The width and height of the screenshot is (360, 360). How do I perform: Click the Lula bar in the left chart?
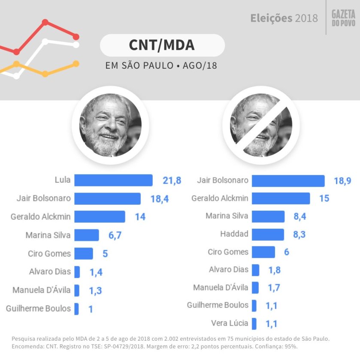tap(113, 180)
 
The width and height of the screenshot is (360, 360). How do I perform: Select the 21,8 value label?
tap(172, 180)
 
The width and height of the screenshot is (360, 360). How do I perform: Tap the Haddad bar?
tap(267, 234)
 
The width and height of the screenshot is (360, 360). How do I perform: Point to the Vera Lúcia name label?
tap(230, 323)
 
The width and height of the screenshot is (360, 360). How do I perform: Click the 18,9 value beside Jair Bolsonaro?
tap(342, 181)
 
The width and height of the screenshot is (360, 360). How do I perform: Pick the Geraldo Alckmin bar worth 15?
tap(281, 198)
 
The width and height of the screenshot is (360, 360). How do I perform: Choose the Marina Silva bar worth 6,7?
tap(86, 235)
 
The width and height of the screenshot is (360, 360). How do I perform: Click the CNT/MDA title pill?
tap(162, 45)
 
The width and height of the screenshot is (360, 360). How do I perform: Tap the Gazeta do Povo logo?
tap(343, 18)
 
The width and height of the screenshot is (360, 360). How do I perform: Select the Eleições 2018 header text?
tap(284, 18)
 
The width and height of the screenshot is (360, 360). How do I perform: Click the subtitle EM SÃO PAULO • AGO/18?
tap(161, 67)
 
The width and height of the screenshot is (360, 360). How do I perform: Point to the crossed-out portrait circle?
tap(261, 125)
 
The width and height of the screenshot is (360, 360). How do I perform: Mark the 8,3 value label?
tap(300, 234)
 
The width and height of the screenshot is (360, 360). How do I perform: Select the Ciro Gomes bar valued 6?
tap(263, 252)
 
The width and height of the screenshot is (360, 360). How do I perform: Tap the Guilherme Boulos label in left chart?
tap(39, 308)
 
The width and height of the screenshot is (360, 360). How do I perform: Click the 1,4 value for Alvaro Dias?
tap(96, 272)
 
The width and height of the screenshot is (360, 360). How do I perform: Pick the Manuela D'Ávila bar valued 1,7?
tap(255, 287)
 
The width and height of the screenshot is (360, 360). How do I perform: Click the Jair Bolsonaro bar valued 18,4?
tap(107, 199)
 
